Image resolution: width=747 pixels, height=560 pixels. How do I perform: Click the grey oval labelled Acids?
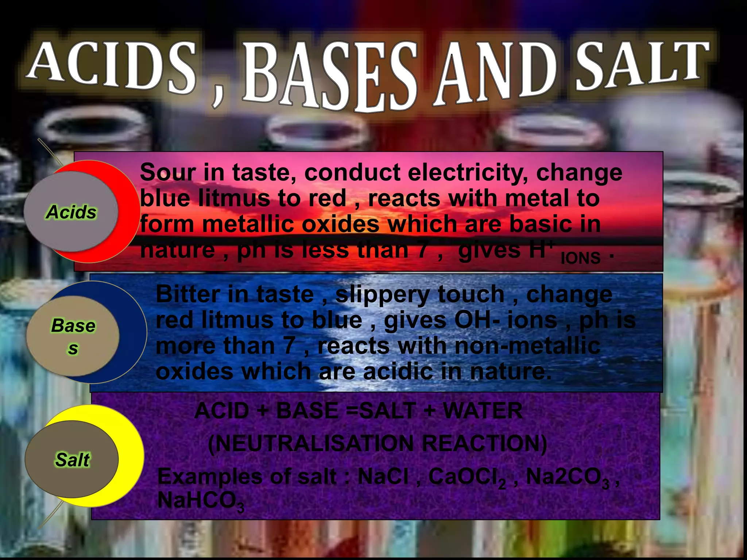(x=71, y=212)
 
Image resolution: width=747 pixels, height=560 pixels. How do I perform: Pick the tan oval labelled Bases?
(x=73, y=336)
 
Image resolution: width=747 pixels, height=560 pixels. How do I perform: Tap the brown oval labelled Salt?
(x=72, y=459)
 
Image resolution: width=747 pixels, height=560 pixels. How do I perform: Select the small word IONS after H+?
(x=580, y=258)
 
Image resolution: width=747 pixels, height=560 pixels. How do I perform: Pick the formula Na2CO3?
(x=567, y=477)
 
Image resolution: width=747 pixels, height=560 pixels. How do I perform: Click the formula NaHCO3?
(x=201, y=501)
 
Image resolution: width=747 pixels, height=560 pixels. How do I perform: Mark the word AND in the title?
(x=498, y=73)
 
